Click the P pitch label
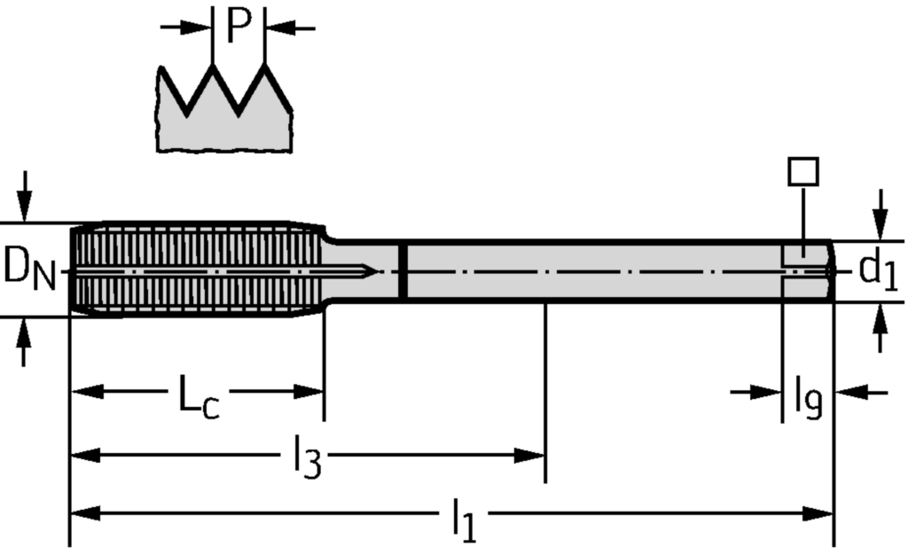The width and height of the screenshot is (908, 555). point(239,26)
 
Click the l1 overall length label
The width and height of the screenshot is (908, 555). point(463,520)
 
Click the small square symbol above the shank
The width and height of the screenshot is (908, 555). point(802,171)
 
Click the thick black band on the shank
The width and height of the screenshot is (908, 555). point(403,270)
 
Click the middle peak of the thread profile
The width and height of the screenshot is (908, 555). point(213,67)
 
